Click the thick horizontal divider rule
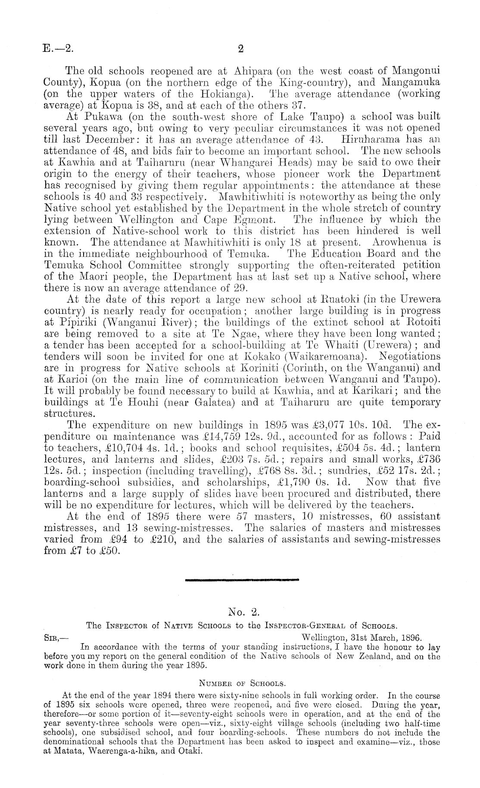coord(241,581)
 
